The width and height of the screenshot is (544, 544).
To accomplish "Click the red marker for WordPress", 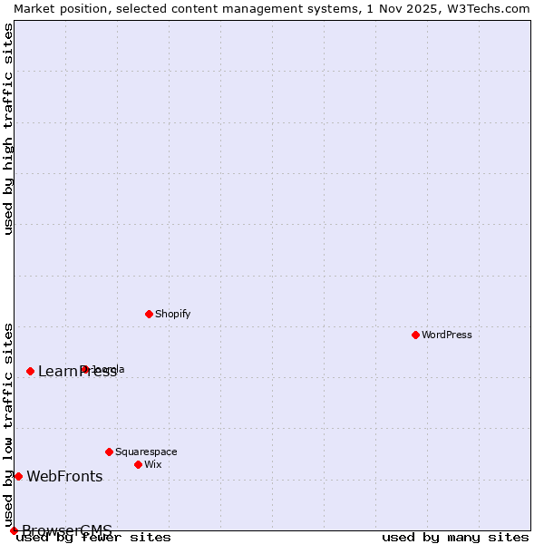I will [x=415, y=335].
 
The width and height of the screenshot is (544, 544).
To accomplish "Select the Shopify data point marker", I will [x=149, y=314].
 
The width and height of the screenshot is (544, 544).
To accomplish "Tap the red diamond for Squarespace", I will [x=109, y=452].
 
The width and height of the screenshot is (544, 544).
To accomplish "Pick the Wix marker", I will [x=138, y=464].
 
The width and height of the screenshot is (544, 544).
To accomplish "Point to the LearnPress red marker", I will [x=30, y=371].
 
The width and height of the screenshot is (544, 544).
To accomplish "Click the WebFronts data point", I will [x=18, y=476].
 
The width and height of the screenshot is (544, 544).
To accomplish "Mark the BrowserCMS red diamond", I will [x=14, y=530].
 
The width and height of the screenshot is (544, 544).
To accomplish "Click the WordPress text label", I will [x=447, y=335].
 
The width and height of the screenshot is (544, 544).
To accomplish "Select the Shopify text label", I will [x=173, y=314].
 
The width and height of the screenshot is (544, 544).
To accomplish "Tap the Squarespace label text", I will [x=146, y=452].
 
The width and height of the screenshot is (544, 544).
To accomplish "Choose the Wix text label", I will [x=153, y=464].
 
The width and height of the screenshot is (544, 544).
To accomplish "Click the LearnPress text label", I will [x=77, y=371].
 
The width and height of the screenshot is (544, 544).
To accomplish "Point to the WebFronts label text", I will [x=64, y=477].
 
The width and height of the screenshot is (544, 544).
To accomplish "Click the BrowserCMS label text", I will [x=67, y=530].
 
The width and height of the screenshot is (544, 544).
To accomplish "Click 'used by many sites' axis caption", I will [x=455, y=538].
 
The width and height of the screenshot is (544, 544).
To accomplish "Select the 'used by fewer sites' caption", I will [x=93, y=538].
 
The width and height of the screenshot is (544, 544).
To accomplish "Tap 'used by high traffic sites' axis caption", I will [x=8, y=129].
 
